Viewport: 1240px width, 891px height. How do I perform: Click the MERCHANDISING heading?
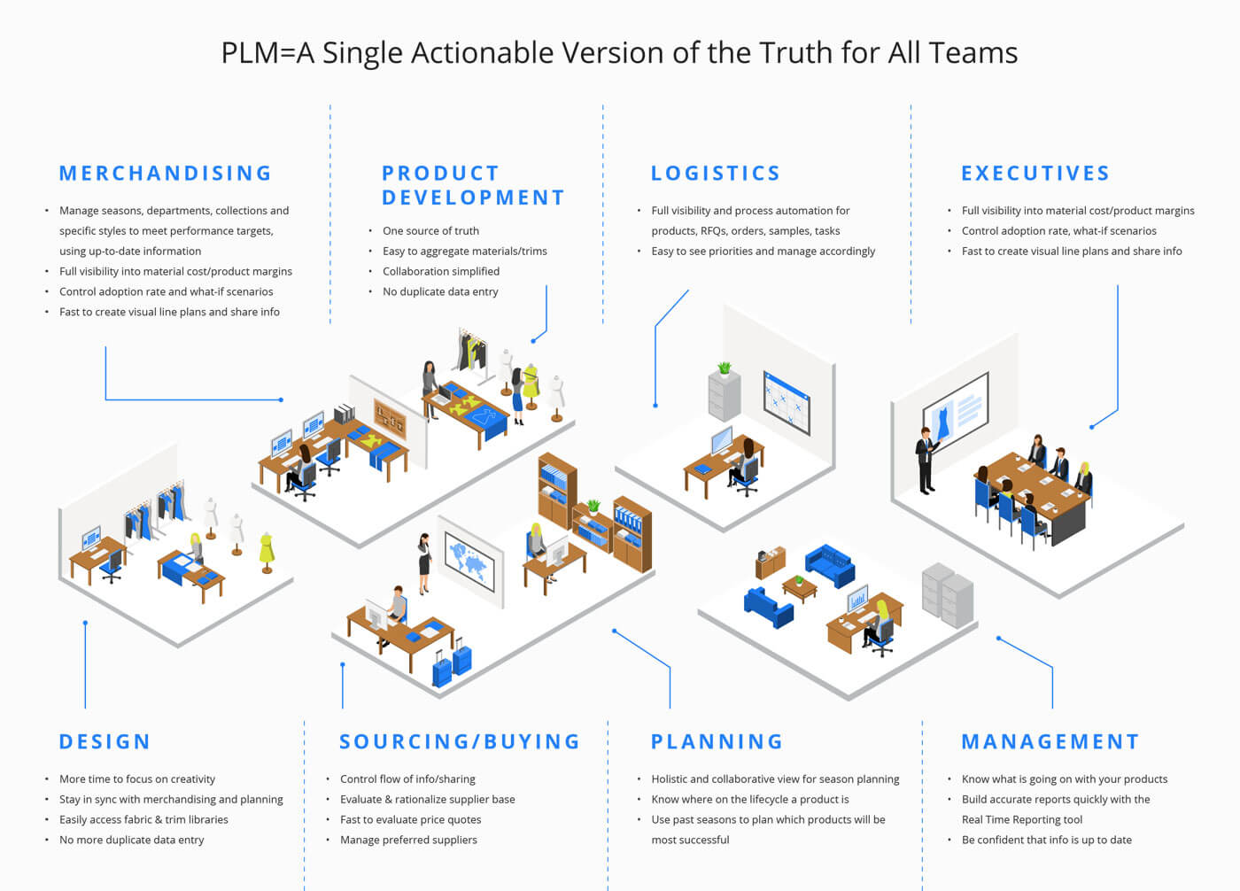165,174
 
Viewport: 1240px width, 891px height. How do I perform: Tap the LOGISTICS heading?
716,174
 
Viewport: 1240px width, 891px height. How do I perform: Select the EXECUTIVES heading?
1035,174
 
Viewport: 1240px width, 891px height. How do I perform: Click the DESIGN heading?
105,741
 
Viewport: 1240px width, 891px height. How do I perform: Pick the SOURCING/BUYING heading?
460,741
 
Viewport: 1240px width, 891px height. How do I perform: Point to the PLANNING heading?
717,741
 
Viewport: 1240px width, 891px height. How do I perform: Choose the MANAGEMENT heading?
1050,741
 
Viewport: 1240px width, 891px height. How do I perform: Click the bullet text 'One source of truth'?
430,231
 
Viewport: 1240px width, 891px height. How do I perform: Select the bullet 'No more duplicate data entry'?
132,840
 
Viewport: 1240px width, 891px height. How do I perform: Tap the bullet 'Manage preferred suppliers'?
408,840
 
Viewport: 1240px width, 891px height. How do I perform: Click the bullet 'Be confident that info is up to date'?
1047,840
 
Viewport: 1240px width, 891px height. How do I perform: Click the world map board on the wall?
469,562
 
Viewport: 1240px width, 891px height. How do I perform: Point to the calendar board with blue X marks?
787,403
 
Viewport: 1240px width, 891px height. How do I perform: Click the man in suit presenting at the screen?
926,461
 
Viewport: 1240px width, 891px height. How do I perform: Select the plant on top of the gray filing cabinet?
725,368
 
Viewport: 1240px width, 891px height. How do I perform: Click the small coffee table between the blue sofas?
799,589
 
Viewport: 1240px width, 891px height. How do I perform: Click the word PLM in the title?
250,53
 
